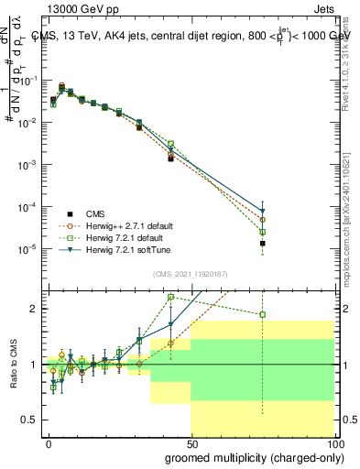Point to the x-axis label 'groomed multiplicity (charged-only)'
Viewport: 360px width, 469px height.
pyautogui.click(x=250, y=457)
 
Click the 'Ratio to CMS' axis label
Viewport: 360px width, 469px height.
pyautogui.click(x=14, y=364)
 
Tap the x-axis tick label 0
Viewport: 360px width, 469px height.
pyautogui.click(x=49, y=442)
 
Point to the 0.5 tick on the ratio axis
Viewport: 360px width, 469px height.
pyautogui.click(x=31, y=420)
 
